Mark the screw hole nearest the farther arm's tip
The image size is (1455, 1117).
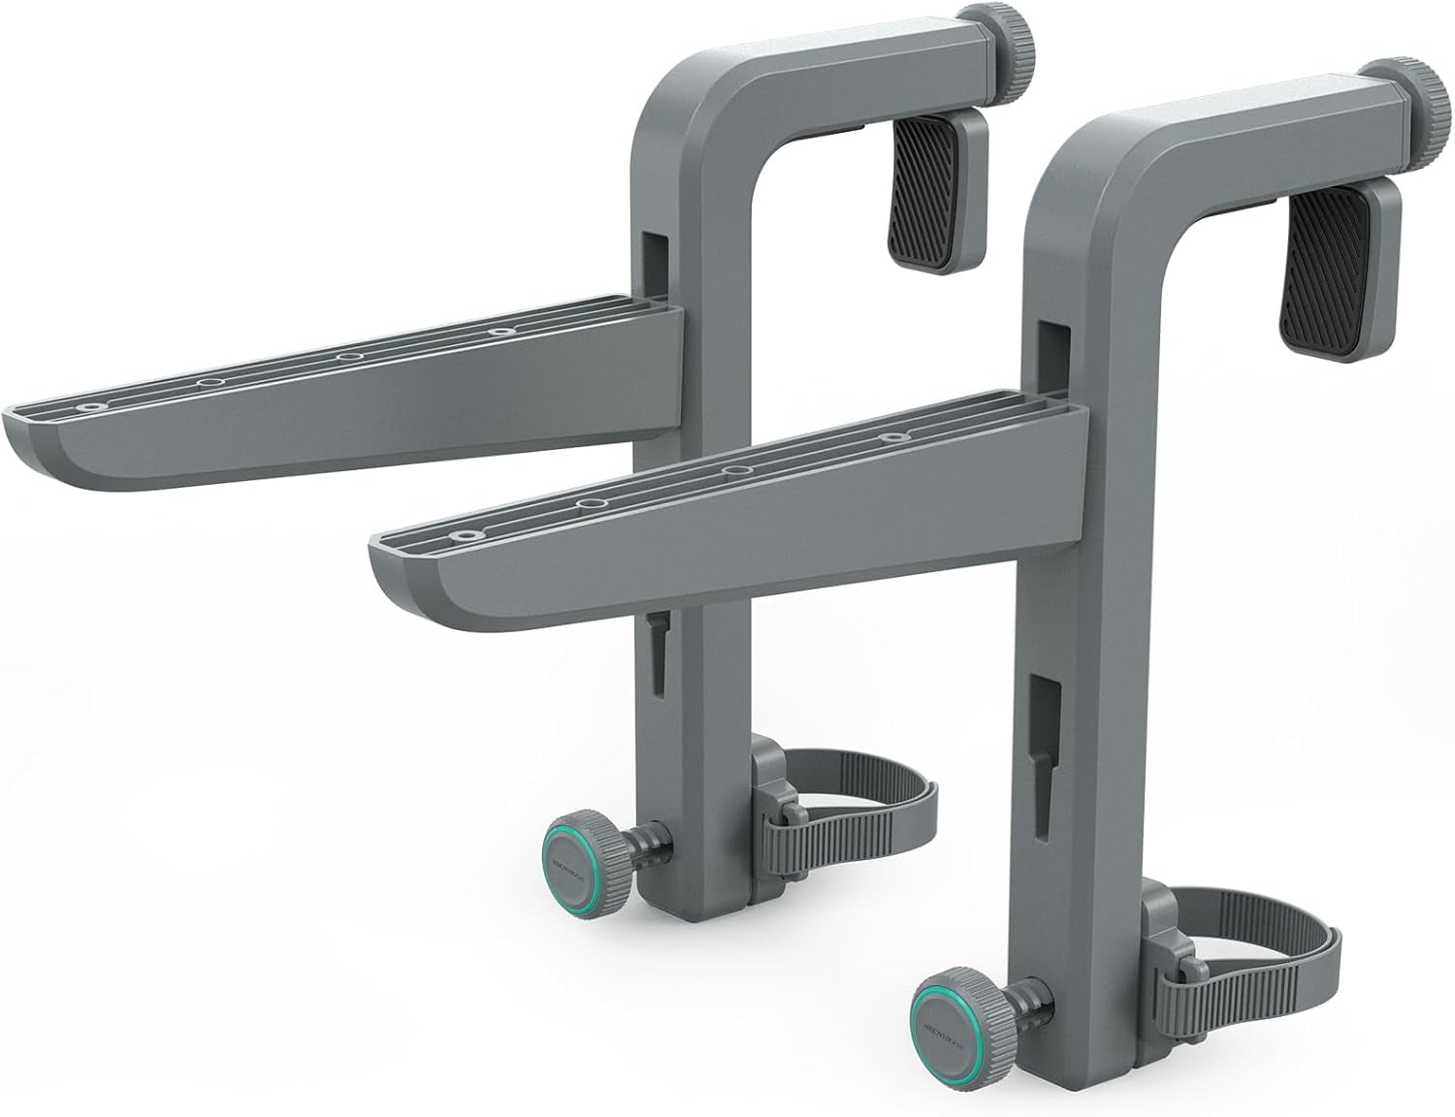pos(90,407)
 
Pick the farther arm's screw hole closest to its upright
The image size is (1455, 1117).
pos(500,332)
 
